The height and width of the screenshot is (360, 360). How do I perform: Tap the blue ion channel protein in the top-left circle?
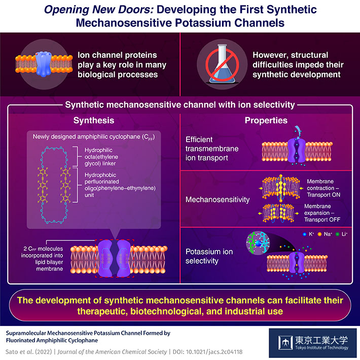pyautogui.click(x=44, y=64)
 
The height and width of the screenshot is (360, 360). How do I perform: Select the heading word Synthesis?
pyautogui.click(x=94, y=120)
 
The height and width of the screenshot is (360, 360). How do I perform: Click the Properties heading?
pyautogui.click(x=266, y=120)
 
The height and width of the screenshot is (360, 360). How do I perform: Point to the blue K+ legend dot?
pyautogui.click(x=304, y=234)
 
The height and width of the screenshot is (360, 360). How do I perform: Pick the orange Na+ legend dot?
pyautogui.click(x=319, y=234)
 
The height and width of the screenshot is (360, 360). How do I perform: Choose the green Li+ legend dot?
pyautogui.click(x=337, y=234)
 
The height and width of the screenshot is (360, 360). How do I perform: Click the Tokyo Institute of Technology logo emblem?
pyautogui.click(x=285, y=343)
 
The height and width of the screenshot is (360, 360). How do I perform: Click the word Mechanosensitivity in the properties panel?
pyautogui.click(x=218, y=199)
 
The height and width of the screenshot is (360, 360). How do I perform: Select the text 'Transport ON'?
pyautogui.click(x=323, y=195)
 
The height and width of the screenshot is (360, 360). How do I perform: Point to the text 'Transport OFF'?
pyautogui.click(x=322, y=220)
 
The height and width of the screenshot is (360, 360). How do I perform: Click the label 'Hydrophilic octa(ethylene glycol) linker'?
pyautogui.click(x=101, y=157)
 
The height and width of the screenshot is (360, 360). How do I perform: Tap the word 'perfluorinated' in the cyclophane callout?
pyautogui.click(x=102, y=182)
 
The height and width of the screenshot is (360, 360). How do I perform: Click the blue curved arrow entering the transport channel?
pyautogui.click(x=298, y=132)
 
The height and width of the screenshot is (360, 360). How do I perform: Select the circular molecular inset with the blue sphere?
pyautogui.click(x=258, y=243)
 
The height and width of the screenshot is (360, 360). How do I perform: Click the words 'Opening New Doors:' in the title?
pyautogui.click(x=99, y=10)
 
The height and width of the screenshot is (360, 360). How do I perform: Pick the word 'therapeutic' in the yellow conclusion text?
pyautogui.click(x=102, y=311)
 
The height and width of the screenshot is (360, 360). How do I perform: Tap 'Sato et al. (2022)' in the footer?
pyautogui.click(x=29, y=352)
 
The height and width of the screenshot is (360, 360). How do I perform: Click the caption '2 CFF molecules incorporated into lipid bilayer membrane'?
pyautogui.click(x=42, y=259)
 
